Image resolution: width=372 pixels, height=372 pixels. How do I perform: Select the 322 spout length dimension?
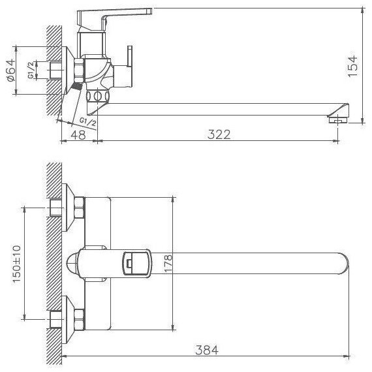(x=219, y=134)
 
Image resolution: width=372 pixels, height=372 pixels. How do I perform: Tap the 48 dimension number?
(x=78, y=134)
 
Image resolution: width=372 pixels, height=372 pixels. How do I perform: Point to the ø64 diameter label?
(x=11, y=70)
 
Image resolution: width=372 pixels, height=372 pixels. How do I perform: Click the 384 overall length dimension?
(x=207, y=350)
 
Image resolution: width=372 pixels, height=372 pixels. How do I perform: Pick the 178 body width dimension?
(x=168, y=264)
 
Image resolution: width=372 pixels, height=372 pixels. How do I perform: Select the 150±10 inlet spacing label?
(x=16, y=264)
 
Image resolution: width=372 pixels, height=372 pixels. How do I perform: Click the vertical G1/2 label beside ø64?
(x=31, y=70)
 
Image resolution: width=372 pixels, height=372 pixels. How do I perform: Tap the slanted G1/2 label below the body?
(x=88, y=121)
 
